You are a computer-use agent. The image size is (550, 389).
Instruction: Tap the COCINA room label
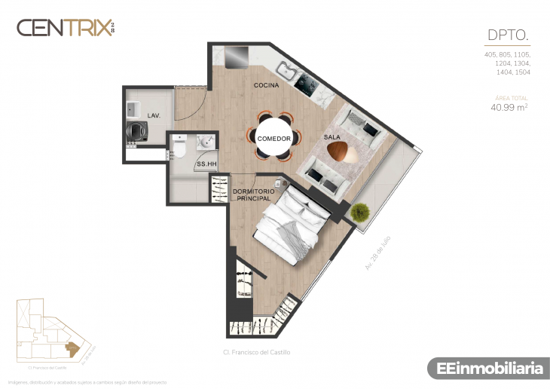[266, 85]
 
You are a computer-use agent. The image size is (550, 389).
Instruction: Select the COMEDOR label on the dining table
[273, 139]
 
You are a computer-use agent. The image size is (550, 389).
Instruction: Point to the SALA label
[332, 137]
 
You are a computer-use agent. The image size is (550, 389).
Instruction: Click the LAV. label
[154, 116]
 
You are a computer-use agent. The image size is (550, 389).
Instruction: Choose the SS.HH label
[206, 164]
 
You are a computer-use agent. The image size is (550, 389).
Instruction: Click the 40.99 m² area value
[509, 108]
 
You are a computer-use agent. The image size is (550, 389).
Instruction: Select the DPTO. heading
[508, 35]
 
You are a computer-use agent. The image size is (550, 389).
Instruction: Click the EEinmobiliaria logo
[486, 369]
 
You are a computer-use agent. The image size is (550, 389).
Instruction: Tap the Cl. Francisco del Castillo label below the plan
[256, 352]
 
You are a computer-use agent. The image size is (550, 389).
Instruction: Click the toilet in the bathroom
[178, 150]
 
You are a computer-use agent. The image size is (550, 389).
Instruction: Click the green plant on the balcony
[361, 212]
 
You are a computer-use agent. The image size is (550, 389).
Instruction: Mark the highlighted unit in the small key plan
[72, 348]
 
